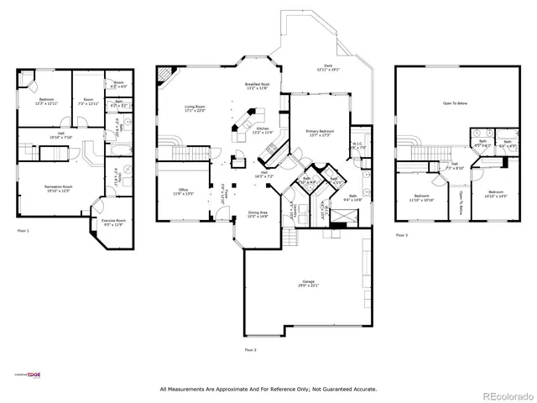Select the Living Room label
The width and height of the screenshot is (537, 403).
tap(195, 108)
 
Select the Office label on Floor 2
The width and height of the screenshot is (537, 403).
tap(183, 191)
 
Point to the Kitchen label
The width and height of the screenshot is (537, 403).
tap(262, 131)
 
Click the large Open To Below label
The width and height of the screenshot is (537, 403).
tap(454, 105)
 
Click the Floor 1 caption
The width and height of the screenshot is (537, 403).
tap(23, 229)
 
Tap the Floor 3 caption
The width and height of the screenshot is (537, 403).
tap(402, 236)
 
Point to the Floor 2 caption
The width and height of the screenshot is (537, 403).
tap(250, 349)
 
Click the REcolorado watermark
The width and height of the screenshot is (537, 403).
tap(508, 395)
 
